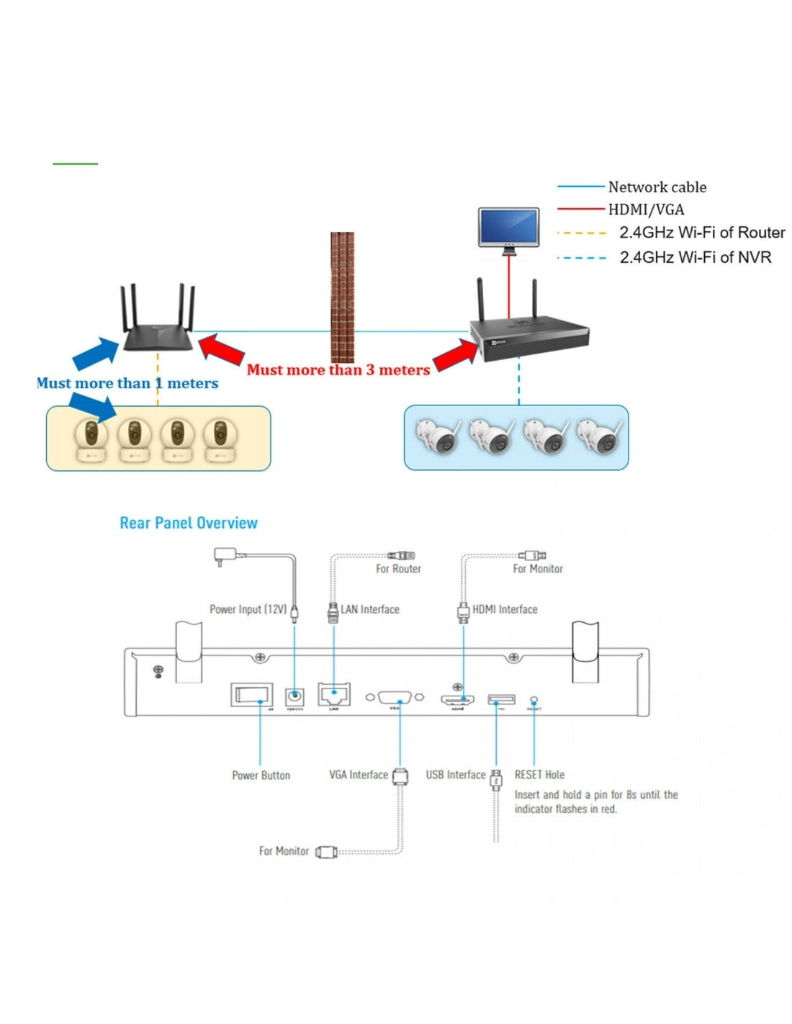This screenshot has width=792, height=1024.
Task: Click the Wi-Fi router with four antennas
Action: pyautogui.click(x=158, y=328)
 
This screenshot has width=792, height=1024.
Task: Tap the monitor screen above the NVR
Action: pyautogui.click(x=509, y=227)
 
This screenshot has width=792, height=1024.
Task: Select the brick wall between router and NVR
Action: pyautogui.click(x=343, y=297)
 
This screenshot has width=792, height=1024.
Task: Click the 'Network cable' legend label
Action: pyautogui.click(x=657, y=187)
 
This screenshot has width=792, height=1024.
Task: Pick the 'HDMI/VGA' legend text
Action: pyautogui.click(x=646, y=210)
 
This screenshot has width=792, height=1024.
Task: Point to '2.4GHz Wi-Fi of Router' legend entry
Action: pyautogui.click(x=702, y=233)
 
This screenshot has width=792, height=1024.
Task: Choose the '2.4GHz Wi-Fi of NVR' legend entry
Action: pyautogui.click(x=696, y=257)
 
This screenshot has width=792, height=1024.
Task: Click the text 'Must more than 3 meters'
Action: pyautogui.click(x=338, y=370)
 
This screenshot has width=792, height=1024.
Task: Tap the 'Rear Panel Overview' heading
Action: pyautogui.click(x=189, y=523)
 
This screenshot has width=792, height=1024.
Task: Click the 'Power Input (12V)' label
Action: pyautogui.click(x=248, y=609)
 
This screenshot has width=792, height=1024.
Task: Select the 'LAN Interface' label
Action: pyautogui.click(x=369, y=609)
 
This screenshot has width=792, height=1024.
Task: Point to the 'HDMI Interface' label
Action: pyautogui.click(x=505, y=609)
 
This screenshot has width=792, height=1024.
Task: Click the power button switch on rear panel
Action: pyautogui.click(x=252, y=696)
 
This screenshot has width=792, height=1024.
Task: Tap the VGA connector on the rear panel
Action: pyautogui.click(x=395, y=697)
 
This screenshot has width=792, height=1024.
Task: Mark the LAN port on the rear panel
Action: pyautogui.click(x=334, y=696)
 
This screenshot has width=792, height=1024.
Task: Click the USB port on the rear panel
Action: pyautogui.click(x=501, y=699)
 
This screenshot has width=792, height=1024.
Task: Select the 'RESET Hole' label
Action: pyautogui.click(x=539, y=775)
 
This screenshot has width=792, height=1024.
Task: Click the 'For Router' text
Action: pyautogui.click(x=398, y=569)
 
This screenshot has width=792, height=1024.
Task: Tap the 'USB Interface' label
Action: pyautogui.click(x=455, y=775)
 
